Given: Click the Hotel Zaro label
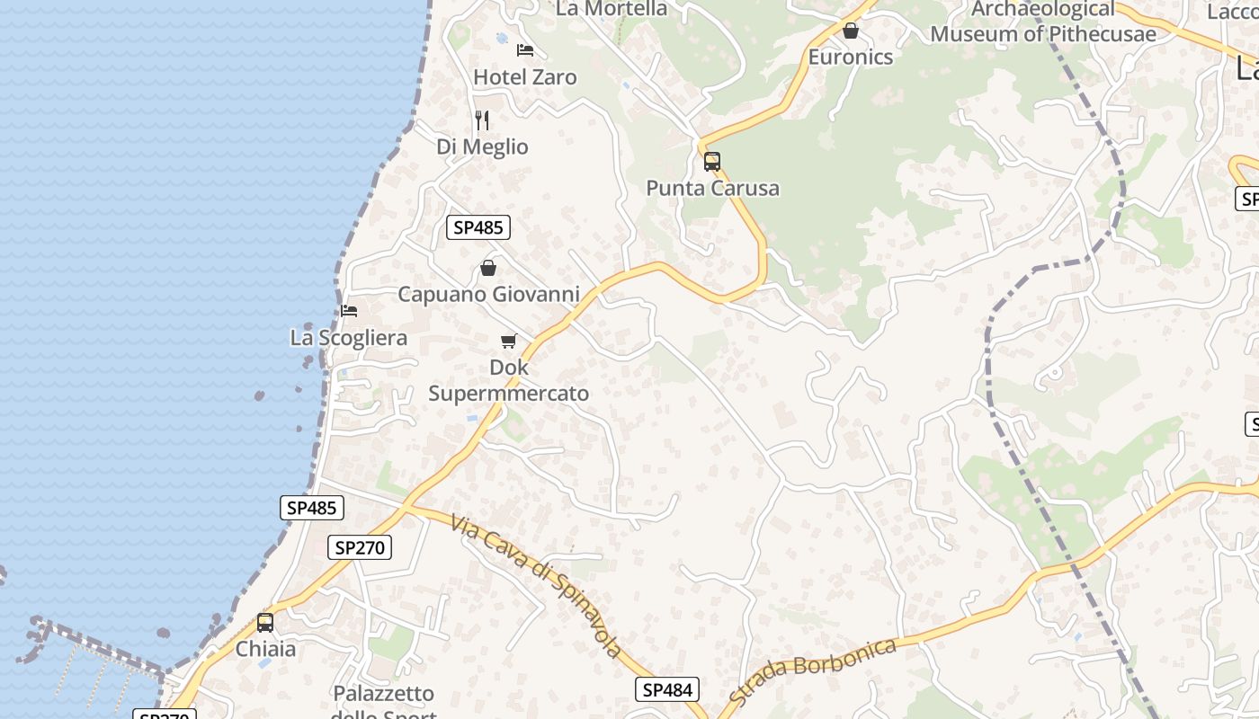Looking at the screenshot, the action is click(x=525, y=77).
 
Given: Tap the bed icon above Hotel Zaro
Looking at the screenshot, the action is click(x=525, y=49).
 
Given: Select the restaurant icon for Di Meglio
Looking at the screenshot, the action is click(x=482, y=120).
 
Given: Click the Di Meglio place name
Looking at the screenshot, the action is click(x=482, y=146).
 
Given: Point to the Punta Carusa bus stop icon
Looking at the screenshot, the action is click(x=712, y=162).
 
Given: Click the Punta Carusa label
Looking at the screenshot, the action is click(x=712, y=188).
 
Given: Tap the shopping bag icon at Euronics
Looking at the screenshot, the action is click(x=851, y=31).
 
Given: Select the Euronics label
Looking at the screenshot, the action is click(x=851, y=57).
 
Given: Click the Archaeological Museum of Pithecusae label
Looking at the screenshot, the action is click(x=1043, y=22).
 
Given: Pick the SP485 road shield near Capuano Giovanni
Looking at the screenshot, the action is click(x=478, y=227).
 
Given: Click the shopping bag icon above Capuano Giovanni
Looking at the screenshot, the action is click(x=488, y=268).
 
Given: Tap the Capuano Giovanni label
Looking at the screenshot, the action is click(x=488, y=294).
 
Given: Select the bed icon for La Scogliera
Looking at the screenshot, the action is click(x=349, y=311).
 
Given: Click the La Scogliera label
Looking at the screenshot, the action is click(x=349, y=338).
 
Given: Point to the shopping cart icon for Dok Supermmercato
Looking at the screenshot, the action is click(x=509, y=341).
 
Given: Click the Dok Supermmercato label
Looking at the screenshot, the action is click(x=509, y=380).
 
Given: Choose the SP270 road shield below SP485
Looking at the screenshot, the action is click(x=360, y=547).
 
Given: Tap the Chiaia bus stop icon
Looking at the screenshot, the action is click(x=265, y=623).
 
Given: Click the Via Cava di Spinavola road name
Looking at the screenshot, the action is click(x=538, y=586).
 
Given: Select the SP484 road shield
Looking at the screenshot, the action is click(x=667, y=689).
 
